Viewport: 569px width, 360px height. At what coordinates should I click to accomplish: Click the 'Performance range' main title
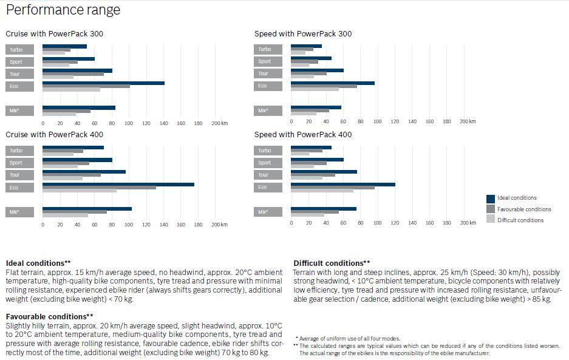pyautogui.click(x=63, y=10)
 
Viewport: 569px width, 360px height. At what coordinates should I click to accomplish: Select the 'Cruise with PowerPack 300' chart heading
pyautogui.click(x=55, y=34)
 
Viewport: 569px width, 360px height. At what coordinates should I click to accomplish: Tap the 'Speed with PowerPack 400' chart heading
pyautogui.click(x=303, y=135)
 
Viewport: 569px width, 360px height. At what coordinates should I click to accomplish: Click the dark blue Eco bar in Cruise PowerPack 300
pyautogui.click(x=103, y=83)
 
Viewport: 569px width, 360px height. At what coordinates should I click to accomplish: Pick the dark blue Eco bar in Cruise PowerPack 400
pyautogui.click(x=118, y=185)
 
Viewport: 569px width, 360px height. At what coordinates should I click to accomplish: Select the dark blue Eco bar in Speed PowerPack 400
pyautogui.click(x=343, y=185)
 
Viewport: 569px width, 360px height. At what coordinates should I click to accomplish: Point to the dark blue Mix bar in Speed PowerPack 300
pyautogui.click(x=316, y=107)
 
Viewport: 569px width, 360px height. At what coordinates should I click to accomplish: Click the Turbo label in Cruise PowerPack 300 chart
pyautogui.click(x=19, y=50)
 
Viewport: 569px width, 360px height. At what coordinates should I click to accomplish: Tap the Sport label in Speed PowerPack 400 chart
pyautogui.click(x=268, y=163)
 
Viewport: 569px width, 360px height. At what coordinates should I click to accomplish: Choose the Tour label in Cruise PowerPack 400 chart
pyautogui.click(x=19, y=175)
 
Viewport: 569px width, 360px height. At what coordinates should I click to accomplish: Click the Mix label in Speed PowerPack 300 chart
pyautogui.click(x=268, y=110)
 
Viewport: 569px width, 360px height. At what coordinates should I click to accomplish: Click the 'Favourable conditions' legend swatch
pyautogui.click(x=491, y=209)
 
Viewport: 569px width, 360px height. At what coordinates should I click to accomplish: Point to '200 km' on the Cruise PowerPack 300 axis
pyautogui.click(x=220, y=123)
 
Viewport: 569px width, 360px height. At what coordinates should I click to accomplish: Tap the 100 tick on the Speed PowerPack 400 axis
pyautogui.click(x=377, y=223)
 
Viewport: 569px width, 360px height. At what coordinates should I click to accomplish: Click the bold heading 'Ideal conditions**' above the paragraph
pyautogui.click(x=38, y=263)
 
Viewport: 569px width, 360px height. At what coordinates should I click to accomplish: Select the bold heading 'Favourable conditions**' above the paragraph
pyautogui.click(x=49, y=316)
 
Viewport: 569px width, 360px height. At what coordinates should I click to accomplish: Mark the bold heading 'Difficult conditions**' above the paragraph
pyautogui.click(x=332, y=263)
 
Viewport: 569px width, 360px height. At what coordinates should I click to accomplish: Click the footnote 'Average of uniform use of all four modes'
pyautogui.click(x=350, y=339)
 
